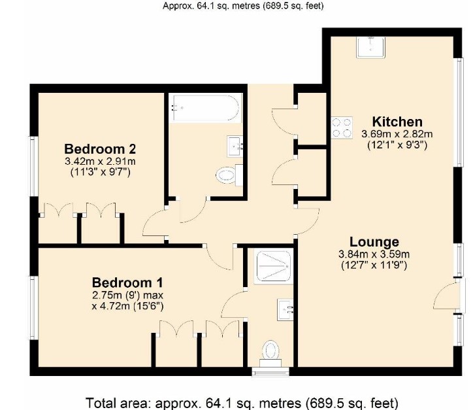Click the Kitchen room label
[x=397, y=122]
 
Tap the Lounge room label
[x=374, y=241]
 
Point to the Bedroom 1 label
[x=127, y=282]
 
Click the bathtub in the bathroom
[x=206, y=107]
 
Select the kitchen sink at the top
[x=371, y=46]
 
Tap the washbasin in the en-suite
[x=286, y=308]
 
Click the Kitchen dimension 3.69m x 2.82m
[x=397, y=134]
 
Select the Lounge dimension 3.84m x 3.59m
[x=374, y=254]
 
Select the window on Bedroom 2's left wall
[x=33, y=166]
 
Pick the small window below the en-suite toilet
[x=270, y=373]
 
